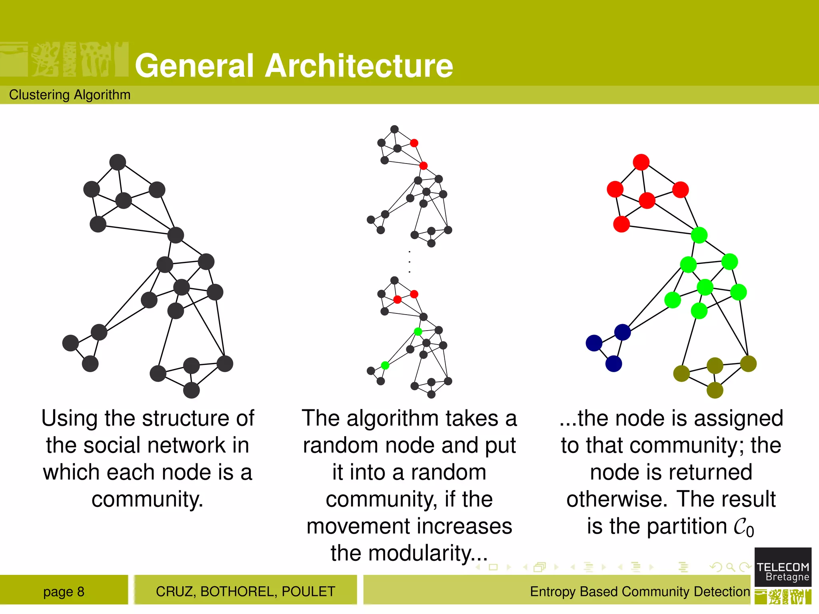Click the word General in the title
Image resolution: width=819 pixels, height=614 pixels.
(x=194, y=66)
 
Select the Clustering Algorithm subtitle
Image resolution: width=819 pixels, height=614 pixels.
(x=70, y=95)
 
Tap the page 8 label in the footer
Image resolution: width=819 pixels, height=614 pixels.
(x=64, y=592)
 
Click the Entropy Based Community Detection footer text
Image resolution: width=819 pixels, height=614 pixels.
(x=640, y=592)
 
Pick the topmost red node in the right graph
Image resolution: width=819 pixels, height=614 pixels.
(x=641, y=162)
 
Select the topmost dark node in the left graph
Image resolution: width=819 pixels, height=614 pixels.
(x=118, y=162)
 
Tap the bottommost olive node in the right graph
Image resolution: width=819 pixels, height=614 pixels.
(x=715, y=390)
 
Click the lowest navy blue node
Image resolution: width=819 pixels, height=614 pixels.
(x=613, y=364)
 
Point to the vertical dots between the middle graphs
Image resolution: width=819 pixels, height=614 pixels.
(x=409, y=262)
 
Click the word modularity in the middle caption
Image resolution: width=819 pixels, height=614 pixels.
(x=419, y=554)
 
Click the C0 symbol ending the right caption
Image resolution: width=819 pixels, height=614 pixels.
(x=743, y=527)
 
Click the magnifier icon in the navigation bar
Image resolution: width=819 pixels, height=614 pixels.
(x=730, y=567)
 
